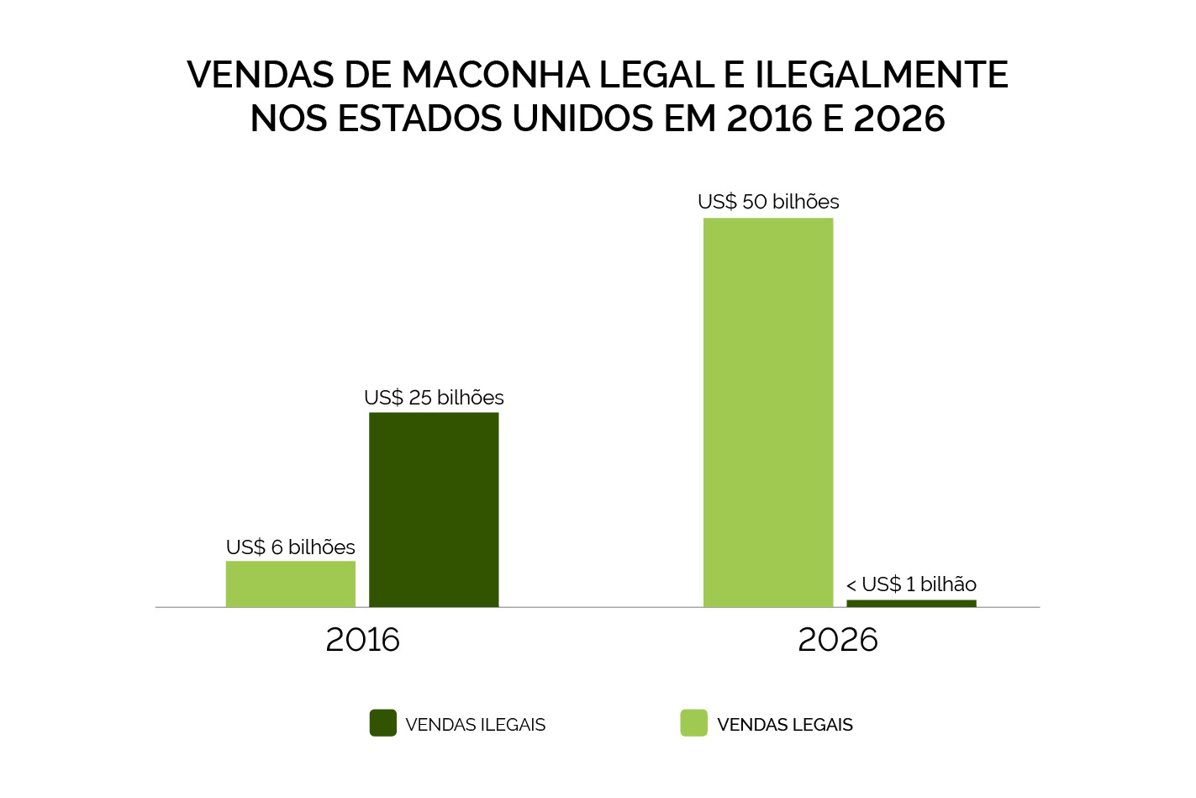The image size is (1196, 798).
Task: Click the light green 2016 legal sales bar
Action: pos(290,584)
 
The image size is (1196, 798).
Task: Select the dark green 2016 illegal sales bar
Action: pos(434,510)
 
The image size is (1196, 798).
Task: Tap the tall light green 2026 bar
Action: pos(768,412)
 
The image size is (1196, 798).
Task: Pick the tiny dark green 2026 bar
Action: pos(911,603)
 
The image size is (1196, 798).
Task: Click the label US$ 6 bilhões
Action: pos(291,547)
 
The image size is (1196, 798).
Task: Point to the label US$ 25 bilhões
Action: pos(434,398)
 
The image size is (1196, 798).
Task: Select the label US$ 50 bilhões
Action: pos(768,202)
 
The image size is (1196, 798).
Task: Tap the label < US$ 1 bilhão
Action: pos(911,584)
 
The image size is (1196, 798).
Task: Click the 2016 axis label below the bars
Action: pos(362,640)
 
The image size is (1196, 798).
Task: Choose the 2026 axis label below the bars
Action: pos(838,640)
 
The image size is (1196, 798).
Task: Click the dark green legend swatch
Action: pos(383,723)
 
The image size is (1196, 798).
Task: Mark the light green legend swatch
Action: pos(694,723)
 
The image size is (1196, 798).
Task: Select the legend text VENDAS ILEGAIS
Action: pos(475,725)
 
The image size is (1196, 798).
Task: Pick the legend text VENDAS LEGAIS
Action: pos(785,725)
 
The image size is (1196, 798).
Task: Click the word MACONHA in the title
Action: pos(496,75)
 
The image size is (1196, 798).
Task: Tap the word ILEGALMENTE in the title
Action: pos(881,75)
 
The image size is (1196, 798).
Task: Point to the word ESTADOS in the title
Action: pos(420,119)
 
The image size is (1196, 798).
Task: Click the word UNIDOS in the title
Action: pos(584,119)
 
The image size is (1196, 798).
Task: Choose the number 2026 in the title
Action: pos(899,119)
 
